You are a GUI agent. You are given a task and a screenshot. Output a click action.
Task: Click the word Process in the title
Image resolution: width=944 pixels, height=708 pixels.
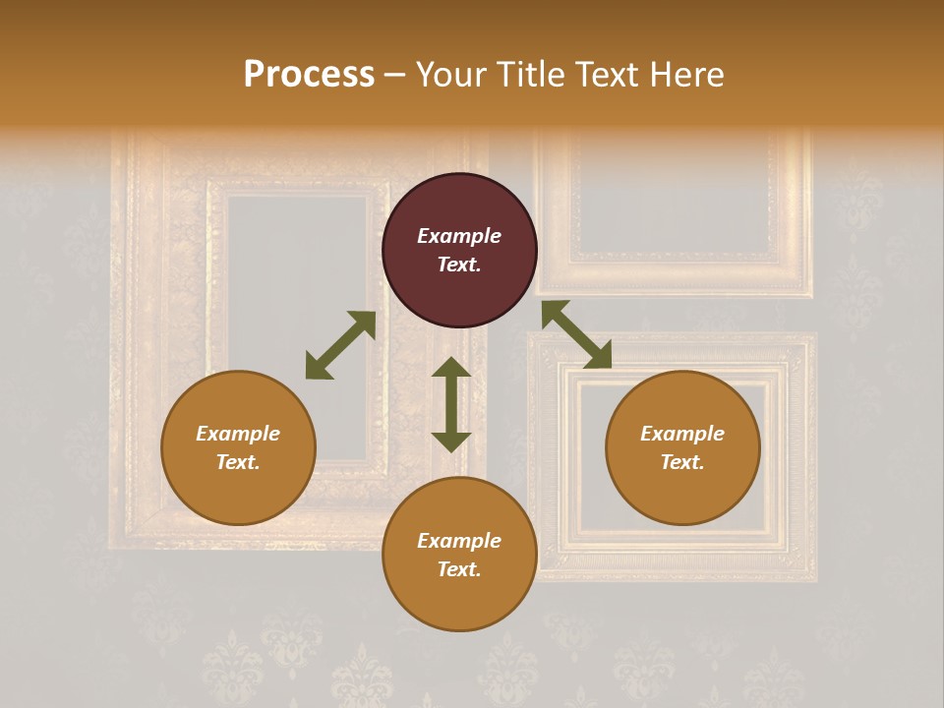[x=309, y=75]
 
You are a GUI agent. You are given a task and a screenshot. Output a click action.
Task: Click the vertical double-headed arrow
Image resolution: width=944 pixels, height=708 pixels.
[x=451, y=404]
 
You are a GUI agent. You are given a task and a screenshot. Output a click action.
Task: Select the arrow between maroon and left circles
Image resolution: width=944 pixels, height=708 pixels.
[x=340, y=345]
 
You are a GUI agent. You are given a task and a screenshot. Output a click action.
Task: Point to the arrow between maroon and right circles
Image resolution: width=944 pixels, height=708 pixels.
[x=576, y=334]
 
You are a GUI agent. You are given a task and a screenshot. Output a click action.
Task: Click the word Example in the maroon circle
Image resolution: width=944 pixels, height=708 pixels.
[x=459, y=236]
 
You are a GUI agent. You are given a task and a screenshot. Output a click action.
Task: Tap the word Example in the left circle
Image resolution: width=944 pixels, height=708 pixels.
[x=238, y=434]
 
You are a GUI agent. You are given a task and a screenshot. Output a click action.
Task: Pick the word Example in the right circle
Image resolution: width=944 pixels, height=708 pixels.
[x=682, y=434]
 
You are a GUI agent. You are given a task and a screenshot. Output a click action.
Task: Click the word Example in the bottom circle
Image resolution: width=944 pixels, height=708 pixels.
[x=459, y=541]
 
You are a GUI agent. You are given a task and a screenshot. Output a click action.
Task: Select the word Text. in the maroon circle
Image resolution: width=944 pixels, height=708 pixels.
[x=459, y=265]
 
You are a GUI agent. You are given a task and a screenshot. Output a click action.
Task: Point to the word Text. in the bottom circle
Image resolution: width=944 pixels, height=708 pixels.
[x=459, y=569]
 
